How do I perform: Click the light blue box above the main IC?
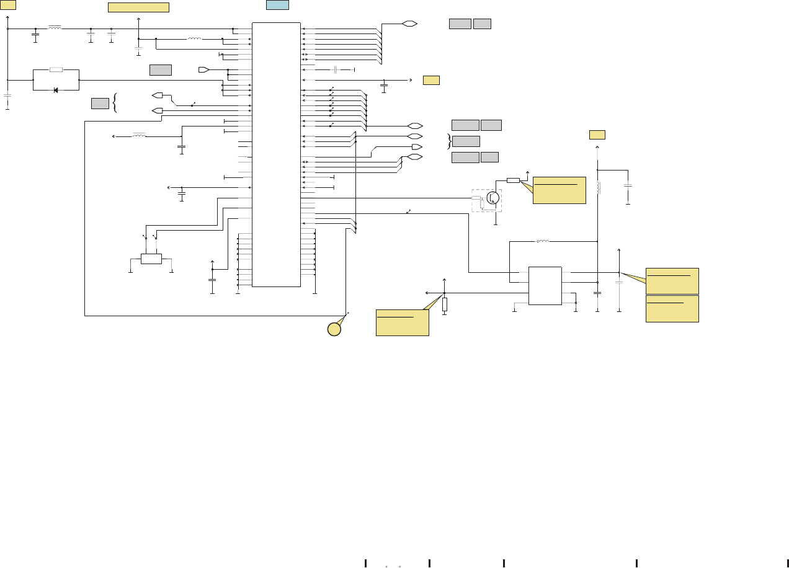click(277, 5)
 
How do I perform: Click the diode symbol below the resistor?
click(56, 90)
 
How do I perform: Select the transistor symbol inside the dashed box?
click(493, 198)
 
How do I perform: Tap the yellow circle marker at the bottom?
click(334, 329)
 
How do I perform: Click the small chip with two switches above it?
click(151, 259)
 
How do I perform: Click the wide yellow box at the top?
click(138, 7)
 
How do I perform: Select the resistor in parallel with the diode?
click(56, 69)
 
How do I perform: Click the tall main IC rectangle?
click(276, 154)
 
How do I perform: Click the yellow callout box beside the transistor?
click(559, 190)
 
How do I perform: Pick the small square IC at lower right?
click(545, 286)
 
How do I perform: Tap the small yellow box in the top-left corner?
click(8, 5)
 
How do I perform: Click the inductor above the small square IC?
click(543, 241)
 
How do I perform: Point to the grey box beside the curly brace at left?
click(100, 103)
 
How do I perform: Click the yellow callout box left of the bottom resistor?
click(402, 322)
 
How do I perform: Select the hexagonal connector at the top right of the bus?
click(409, 24)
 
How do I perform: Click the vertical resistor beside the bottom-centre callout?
click(444, 304)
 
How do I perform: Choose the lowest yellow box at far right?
click(672, 308)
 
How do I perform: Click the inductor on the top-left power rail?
click(55, 28)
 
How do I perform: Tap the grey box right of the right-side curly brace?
click(466, 141)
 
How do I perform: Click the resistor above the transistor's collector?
click(513, 180)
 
